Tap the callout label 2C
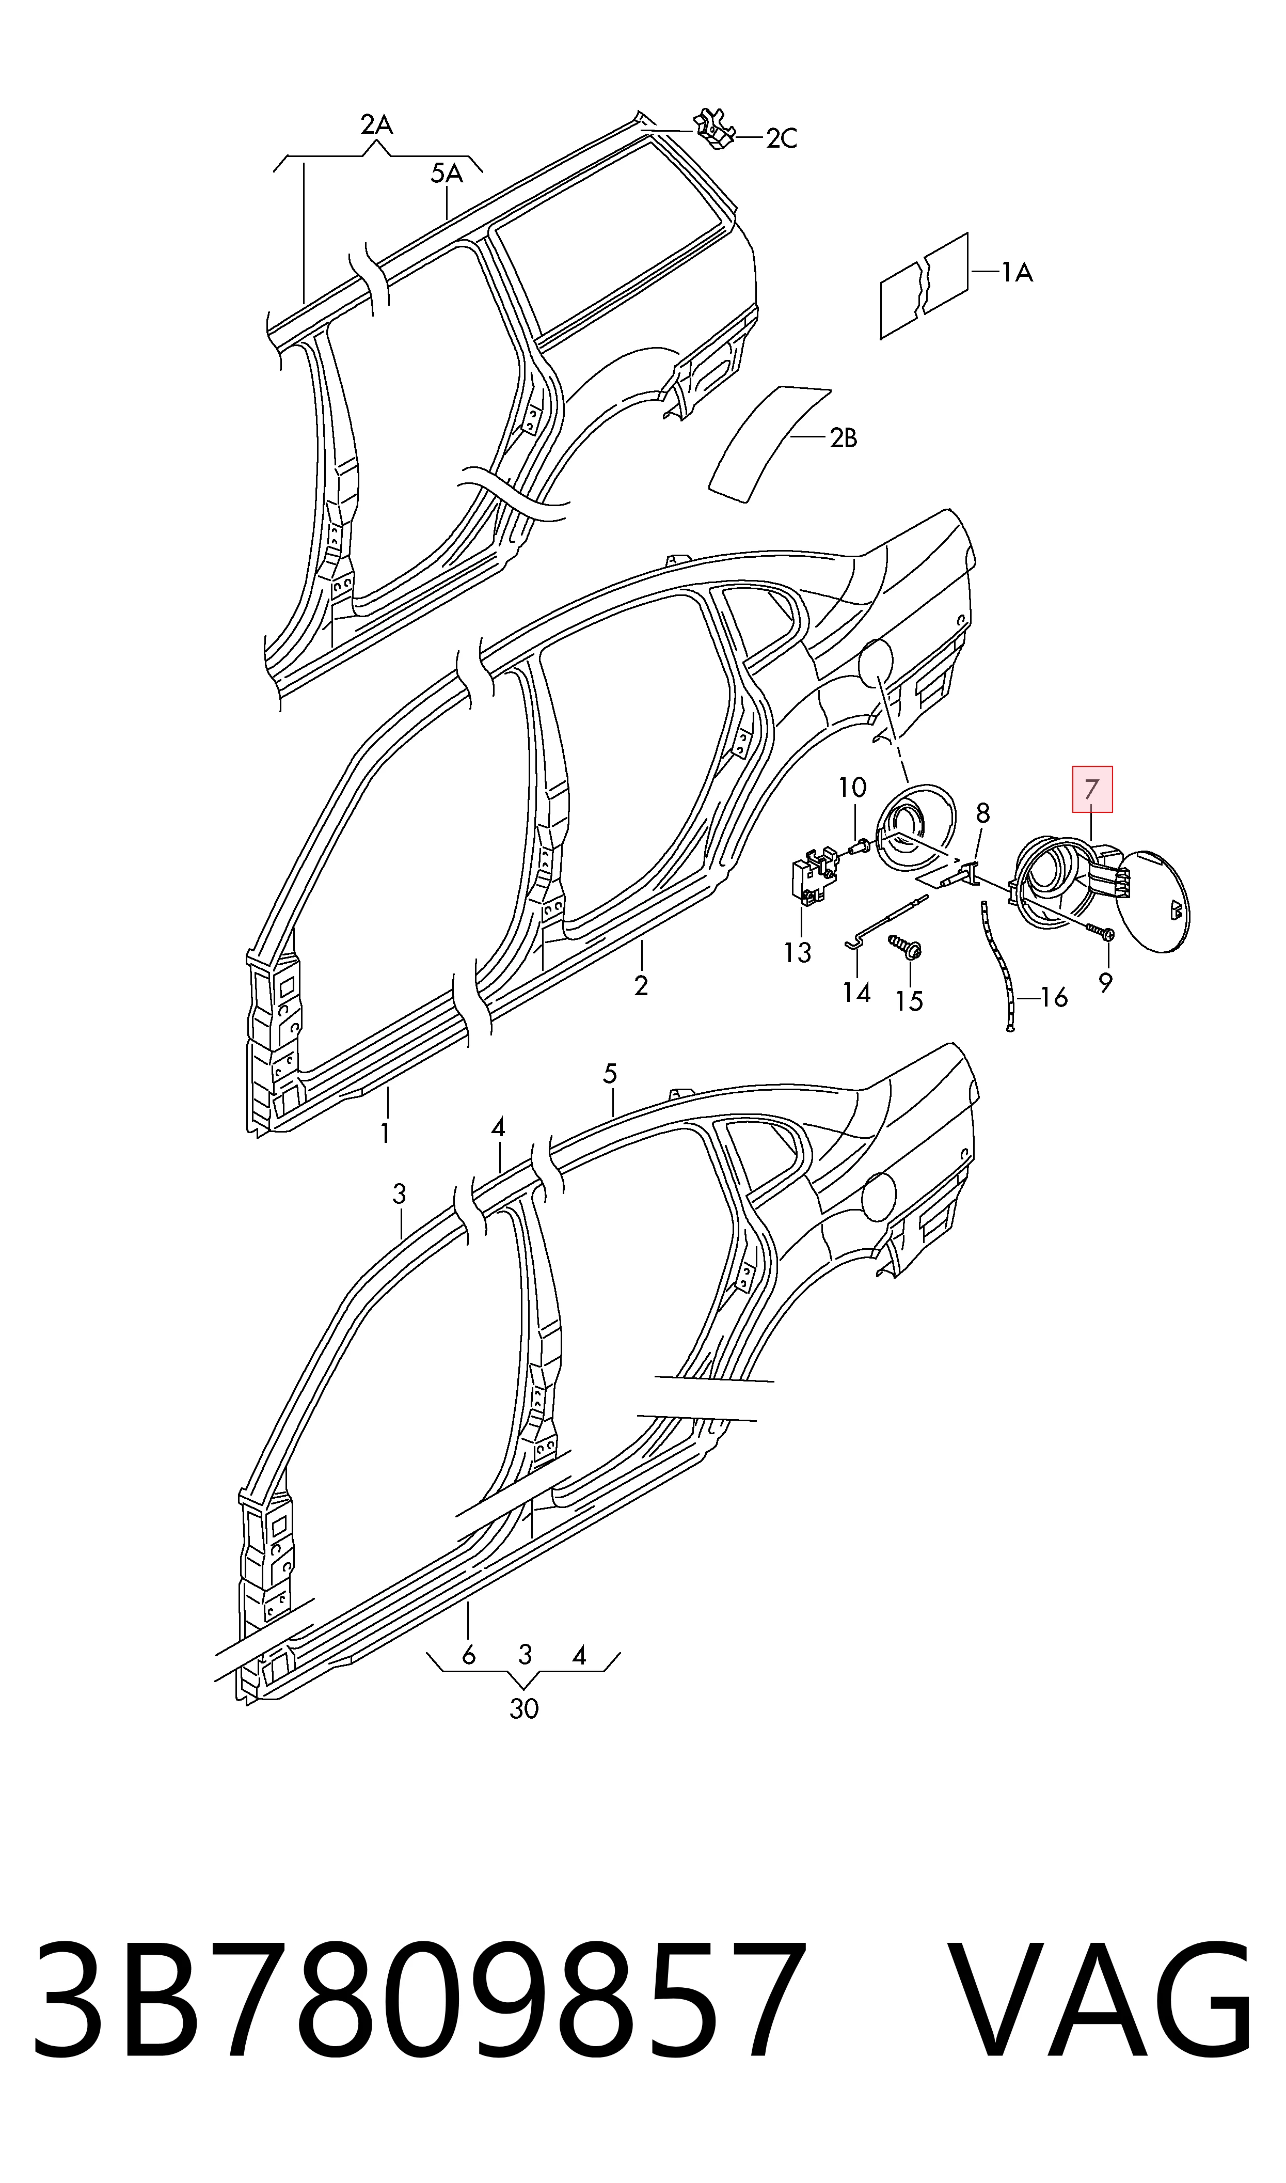[x=782, y=138]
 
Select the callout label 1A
[x=1018, y=273]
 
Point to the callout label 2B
[x=843, y=438]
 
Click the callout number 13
[x=797, y=952]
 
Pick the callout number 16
[x=1054, y=998]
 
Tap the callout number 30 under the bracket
[x=523, y=1709]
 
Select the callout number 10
[x=852, y=788]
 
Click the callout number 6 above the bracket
[x=469, y=1655]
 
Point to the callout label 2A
[x=376, y=125]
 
